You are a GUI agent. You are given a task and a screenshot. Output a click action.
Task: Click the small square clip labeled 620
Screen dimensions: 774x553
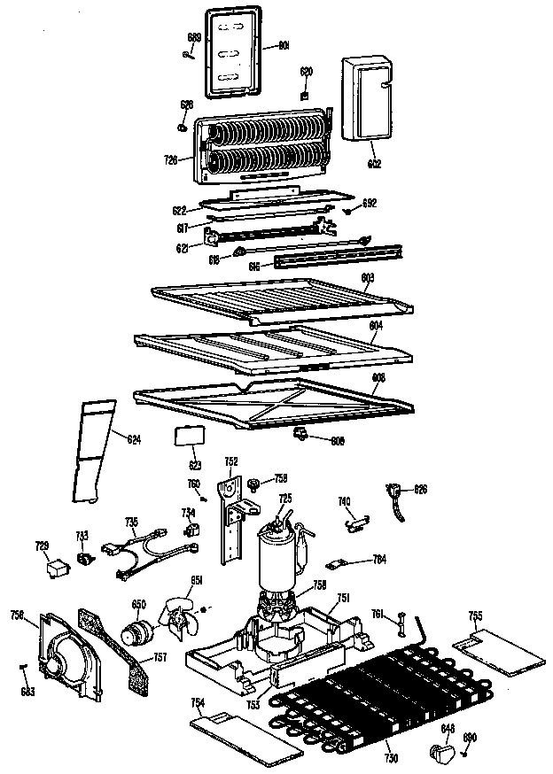click(x=304, y=94)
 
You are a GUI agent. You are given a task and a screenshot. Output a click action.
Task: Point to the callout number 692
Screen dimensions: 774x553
click(x=370, y=203)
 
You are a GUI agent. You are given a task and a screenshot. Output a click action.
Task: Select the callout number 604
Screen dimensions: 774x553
click(x=375, y=326)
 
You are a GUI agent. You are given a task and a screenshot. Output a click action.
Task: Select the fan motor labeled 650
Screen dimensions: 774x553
click(x=137, y=632)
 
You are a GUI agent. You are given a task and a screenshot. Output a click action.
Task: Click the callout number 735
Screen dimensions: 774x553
click(x=131, y=522)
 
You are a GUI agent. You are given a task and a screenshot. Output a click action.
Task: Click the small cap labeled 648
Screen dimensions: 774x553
click(x=440, y=752)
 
